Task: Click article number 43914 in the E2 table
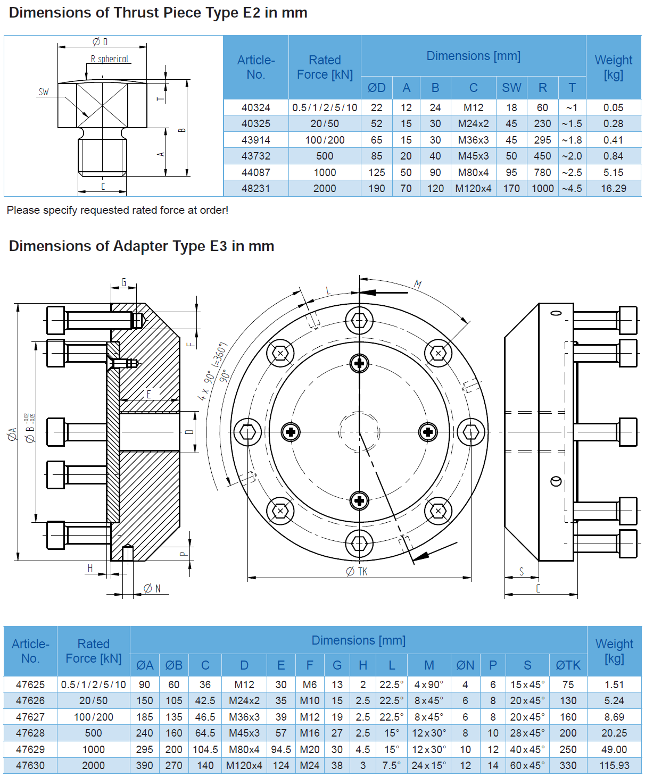(255, 140)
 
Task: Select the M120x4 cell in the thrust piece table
(473, 188)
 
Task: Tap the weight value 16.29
(614, 188)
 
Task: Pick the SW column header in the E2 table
(511, 88)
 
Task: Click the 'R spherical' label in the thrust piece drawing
(110, 59)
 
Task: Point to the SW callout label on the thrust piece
(44, 92)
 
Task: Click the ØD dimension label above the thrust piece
(100, 41)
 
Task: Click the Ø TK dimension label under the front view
(357, 571)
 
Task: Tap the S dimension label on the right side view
(522, 571)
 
